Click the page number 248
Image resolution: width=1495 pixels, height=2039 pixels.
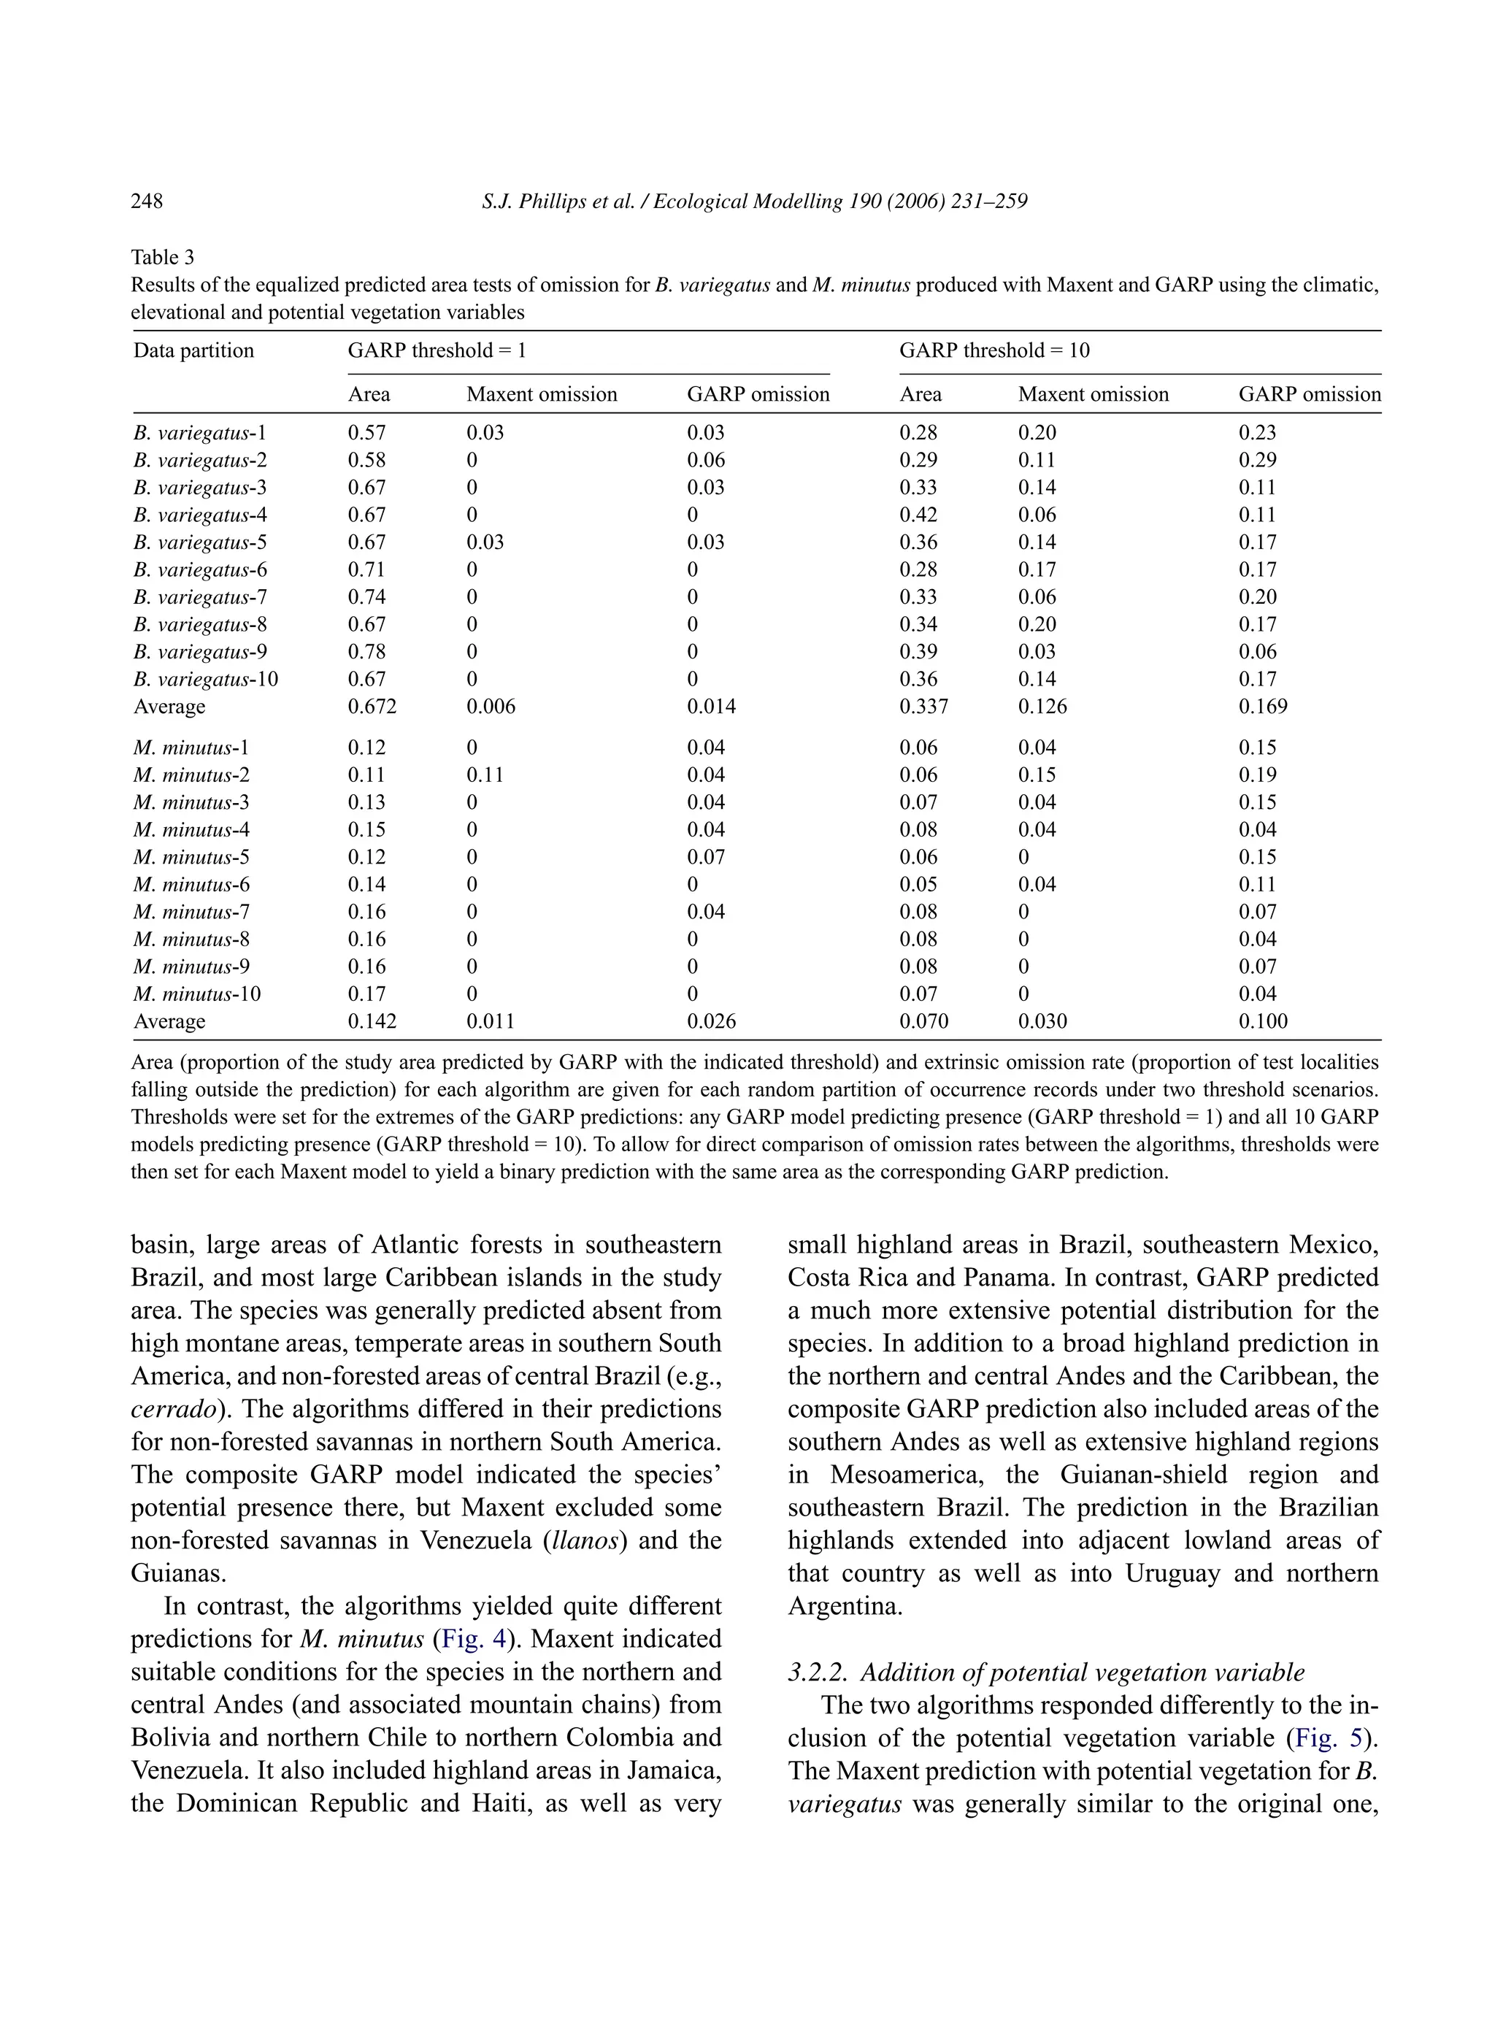(147, 201)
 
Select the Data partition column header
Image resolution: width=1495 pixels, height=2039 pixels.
(193, 351)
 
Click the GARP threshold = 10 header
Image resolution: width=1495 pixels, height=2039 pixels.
(994, 351)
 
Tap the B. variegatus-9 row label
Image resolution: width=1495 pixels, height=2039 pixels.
(200, 653)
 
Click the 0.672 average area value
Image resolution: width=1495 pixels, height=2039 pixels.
(372, 707)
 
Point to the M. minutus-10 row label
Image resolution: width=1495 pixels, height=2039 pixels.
(197, 994)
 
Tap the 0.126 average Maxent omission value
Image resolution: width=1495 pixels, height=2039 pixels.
(1042, 707)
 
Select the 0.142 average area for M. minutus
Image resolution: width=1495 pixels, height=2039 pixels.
(372, 1022)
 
